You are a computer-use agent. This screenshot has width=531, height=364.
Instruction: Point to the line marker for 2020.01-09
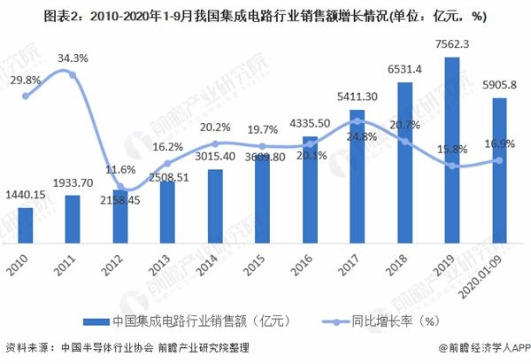point(499,160)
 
